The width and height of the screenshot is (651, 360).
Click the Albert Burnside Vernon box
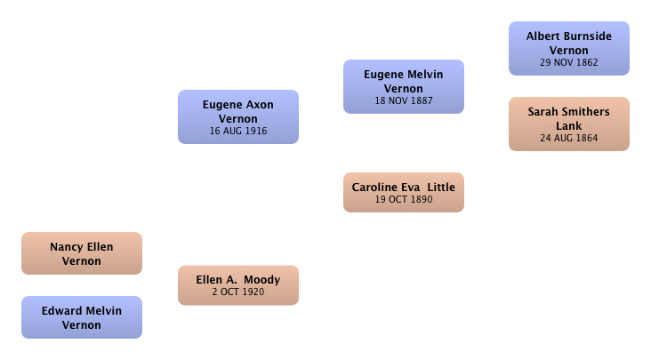coord(569,49)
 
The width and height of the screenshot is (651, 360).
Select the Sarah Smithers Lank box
coord(569,124)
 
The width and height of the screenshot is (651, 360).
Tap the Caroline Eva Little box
coord(404,192)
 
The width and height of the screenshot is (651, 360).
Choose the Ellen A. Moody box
coord(238,285)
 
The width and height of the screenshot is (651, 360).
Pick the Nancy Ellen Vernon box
coord(82,253)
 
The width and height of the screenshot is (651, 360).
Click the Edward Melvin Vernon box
coord(82,317)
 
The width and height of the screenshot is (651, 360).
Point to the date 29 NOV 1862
coord(569,62)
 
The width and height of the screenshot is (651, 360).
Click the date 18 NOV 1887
coord(404,100)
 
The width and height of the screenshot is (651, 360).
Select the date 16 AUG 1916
coord(238,131)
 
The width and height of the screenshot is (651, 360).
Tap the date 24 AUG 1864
coord(569,138)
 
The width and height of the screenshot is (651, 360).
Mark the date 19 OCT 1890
coord(404,199)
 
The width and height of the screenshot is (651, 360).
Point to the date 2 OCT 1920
coord(238,292)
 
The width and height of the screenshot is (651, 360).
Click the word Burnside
coord(587,36)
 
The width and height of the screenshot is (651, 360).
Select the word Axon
coord(261,105)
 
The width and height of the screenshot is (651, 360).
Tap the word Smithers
coord(587,112)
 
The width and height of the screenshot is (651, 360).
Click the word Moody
coord(262,280)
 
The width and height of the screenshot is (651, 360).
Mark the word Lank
coord(569,126)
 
